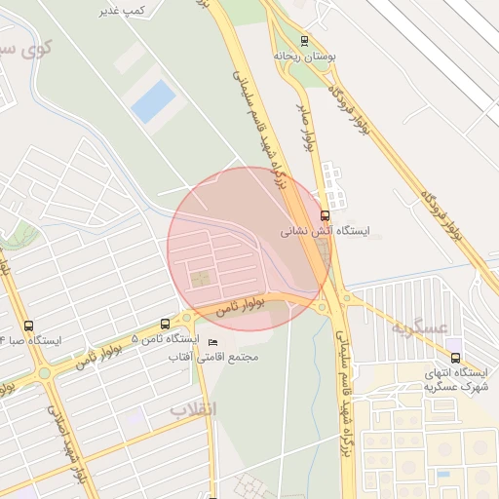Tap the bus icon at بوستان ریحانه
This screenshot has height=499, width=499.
pyautogui.click(x=305, y=41)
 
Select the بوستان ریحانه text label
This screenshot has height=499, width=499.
pyautogui.click(x=304, y=57)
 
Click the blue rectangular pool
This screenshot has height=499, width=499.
pyautogui.click(x=153, y=100)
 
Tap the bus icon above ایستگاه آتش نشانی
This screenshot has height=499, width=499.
pyautogui.click(x=325, y=216)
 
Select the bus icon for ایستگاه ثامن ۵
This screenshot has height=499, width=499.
pyautogui.click(x=165, y=324)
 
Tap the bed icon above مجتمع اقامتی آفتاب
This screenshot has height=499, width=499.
pyautogui.click(x=213, y=342)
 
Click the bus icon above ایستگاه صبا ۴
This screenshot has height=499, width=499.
pyautogui.click(x=27, y=326)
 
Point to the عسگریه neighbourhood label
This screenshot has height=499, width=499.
pyautogui.click(x=418, y=327)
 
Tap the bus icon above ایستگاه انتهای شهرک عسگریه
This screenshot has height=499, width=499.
pyautogui.click(x=455, y=358)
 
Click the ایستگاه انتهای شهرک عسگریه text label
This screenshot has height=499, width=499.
pyautogui.click(x=455, y=380)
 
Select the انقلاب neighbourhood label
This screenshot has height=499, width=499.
pyautogui.click(x=194, y=407)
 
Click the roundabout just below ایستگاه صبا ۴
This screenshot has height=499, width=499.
pyautogui.click(x=44, y=372)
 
